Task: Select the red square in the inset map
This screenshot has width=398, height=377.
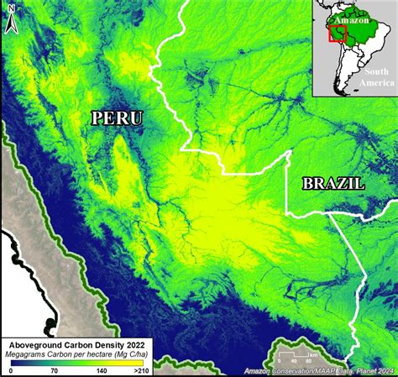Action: (338, 34)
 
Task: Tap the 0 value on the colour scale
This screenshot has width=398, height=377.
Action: (11, 370)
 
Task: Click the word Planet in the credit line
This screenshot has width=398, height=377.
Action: (359, 371)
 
